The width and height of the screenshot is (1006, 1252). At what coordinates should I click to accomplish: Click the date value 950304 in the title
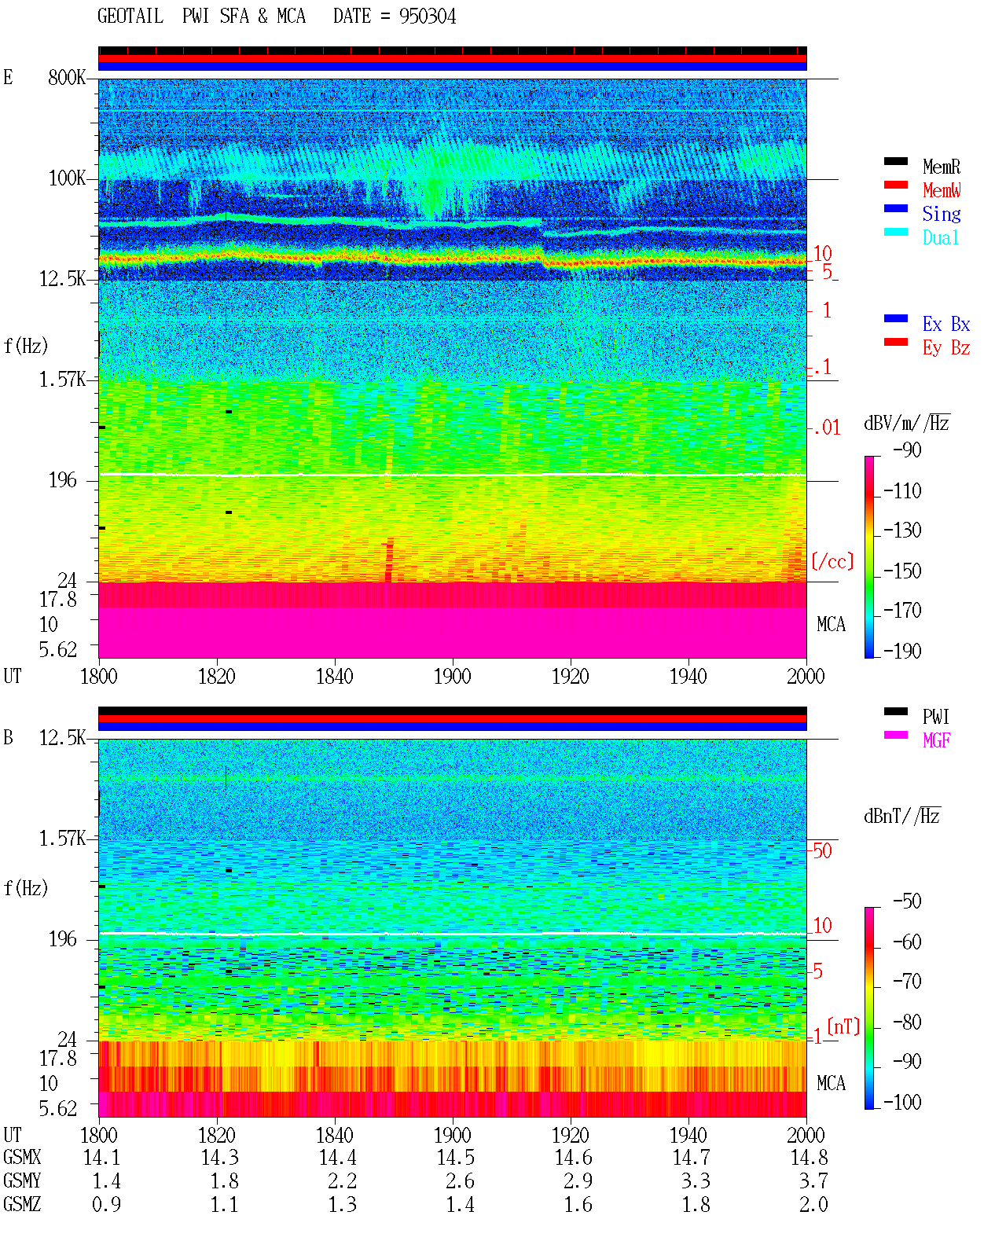pyautogui.click(x=427, y=17)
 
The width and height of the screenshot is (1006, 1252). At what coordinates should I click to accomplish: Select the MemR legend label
pyautogui.click(x=941, y=167)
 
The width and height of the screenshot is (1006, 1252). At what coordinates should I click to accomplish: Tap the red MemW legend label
pyautogui.click(x=941, y=190)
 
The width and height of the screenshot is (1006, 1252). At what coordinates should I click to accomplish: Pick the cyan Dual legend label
pyautogui.click(x=940, y=237)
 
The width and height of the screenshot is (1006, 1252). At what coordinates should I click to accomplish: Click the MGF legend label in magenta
pyautogui.click(x=936, y=740)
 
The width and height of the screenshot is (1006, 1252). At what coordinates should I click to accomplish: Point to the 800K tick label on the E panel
pyautogui.click(x=67, y=77)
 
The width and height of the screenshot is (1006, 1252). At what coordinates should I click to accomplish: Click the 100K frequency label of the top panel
pyautogui.click(x=67, y=178)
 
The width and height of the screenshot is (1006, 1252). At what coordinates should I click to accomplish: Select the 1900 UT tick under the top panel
pyautogui.click(x=452, y=676)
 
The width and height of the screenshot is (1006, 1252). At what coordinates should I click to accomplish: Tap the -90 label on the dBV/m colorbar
pyautogui.click(x=907, y=450)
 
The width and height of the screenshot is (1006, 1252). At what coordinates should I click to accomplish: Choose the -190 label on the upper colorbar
pyautogui.click(x=902, y=651)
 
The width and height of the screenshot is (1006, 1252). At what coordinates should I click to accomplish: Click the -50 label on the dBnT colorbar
pyautogui.click(x=907, y=901)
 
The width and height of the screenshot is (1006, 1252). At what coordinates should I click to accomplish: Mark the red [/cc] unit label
pyautogui.click(x=832, y=561)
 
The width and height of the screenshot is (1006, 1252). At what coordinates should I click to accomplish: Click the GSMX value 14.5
pyautogui.click(x=456, y=1158)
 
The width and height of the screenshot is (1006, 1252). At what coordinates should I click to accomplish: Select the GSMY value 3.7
pyautogui.click(x=813, y=1181)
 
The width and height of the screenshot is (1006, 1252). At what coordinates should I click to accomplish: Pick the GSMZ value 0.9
pyautogui.click(x=106, y=1204)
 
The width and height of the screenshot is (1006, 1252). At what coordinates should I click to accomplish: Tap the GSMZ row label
pyautogui.click(x=22, y=1204)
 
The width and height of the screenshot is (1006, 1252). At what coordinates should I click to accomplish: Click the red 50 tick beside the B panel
pyautogui.click(x=822, y=850)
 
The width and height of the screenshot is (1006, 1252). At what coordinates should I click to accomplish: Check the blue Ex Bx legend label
pyautogui.click(x=946, y=324)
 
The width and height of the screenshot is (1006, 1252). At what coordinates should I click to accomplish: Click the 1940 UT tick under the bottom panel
pyautogui.click(x=688, y=1135)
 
